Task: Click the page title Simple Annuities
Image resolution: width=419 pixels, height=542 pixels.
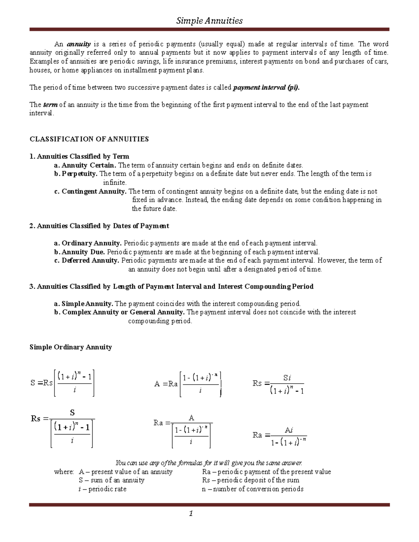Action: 209,21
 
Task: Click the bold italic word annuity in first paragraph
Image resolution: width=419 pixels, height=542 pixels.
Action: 79,44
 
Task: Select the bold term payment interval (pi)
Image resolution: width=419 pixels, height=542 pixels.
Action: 266,88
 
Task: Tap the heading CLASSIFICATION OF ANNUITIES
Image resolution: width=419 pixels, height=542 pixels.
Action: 89,139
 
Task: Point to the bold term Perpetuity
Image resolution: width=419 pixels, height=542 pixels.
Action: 80,174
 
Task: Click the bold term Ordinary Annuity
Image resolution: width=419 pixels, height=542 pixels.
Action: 91,243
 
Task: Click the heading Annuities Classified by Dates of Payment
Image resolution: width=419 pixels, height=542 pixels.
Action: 99,226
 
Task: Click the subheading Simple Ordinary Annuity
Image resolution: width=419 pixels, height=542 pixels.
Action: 71,347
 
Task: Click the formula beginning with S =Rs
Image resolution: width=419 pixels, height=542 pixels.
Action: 63,383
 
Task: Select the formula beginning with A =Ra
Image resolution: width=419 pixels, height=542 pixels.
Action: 188,384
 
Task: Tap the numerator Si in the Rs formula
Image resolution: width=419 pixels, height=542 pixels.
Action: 287,378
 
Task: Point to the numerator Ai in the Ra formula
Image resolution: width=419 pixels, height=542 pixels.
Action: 289,430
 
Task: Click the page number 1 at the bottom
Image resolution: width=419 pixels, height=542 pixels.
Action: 191,513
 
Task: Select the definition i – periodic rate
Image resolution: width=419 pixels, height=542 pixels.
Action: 102,489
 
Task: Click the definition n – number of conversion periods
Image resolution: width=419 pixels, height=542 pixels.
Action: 252,489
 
